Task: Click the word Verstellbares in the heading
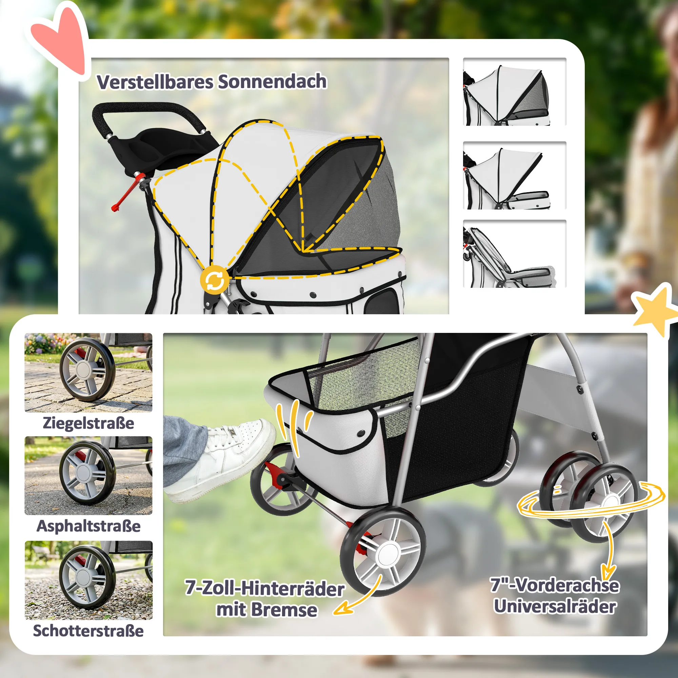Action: (x=155, y=82)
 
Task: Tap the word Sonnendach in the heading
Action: (x=272, y=81)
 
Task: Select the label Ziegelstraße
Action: (x=88, y=422)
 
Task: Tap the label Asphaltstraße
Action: (x=88, y=526)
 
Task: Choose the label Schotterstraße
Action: (x=88, y=630)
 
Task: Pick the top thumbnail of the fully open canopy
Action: (x=515, y=92)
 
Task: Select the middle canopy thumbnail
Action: (x=515, y=176)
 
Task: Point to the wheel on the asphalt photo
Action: (x=87, y=473)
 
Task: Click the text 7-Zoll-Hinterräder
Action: (x=265, y=588)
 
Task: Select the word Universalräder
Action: (x=555, y=606)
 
